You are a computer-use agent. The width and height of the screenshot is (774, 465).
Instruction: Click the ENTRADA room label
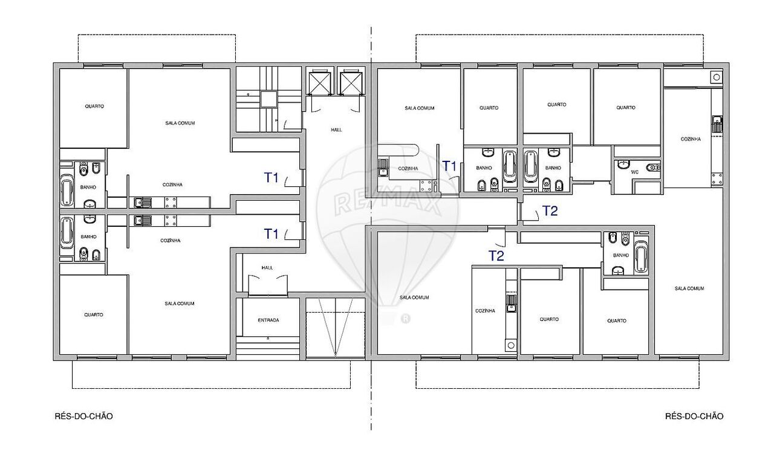click(268, 320)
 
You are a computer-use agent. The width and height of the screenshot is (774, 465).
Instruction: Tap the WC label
click(635, 172)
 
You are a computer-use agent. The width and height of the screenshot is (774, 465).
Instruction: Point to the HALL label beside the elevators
click(336, 130)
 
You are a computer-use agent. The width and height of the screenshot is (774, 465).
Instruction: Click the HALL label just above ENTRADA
click(267, 268)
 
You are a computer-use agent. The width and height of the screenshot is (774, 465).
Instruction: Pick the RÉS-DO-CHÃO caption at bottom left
click(83, 416)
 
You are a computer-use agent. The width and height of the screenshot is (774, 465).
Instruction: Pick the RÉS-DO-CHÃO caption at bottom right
click(694, 416)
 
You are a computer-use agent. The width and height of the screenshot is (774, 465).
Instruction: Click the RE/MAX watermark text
click(387, 203)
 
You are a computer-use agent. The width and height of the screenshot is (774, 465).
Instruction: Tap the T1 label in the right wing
click(449, 166)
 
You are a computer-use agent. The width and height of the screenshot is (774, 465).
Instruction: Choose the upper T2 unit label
click(550, 211)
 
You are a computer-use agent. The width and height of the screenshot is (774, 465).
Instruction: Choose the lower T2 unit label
click(496, 256)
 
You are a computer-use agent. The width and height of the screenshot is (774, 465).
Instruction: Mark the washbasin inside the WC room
click(623, 165)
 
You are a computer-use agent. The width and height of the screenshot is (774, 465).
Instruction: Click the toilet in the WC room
click(653, 168)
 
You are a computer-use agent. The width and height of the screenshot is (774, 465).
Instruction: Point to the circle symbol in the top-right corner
click(717, 77)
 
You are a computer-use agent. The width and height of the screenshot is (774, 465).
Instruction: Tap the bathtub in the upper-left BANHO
click(67, 189)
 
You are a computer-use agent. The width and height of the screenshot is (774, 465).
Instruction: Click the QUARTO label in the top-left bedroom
click(94, 106)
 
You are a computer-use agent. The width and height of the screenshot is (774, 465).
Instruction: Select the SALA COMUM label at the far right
click(689, 288)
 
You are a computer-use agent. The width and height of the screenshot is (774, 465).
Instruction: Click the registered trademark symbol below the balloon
click(405, 319)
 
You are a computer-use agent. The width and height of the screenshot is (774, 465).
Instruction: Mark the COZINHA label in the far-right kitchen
click(691, 139)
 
